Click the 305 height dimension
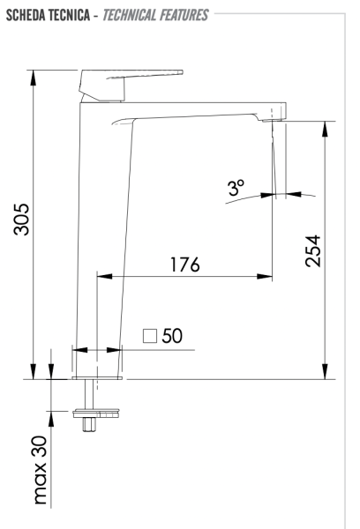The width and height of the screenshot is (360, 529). (x=22, y=220)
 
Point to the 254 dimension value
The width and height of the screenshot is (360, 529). (x=312, y=251)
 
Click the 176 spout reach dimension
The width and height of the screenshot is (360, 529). (x=184, y=264)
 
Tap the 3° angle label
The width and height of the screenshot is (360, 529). (x=236, y=188)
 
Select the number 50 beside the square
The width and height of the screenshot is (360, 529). (x=171, y=336)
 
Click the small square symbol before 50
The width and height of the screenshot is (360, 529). (x=150, y=336)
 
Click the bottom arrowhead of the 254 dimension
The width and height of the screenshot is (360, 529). (x=326, y=371)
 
